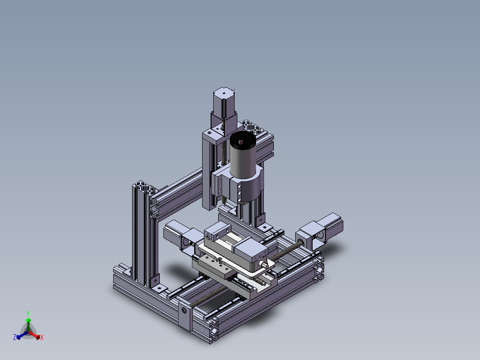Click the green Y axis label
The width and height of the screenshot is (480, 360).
pos(28,313)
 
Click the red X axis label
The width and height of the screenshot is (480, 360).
pos(42,337)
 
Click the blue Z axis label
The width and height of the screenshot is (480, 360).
pos(15,337)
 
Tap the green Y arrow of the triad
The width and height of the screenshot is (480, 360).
pos(28,325)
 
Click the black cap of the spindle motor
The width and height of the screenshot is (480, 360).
pos(243,140)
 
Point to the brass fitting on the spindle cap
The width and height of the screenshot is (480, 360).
pos(240,141)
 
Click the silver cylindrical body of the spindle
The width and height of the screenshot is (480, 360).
pos(243,162)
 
